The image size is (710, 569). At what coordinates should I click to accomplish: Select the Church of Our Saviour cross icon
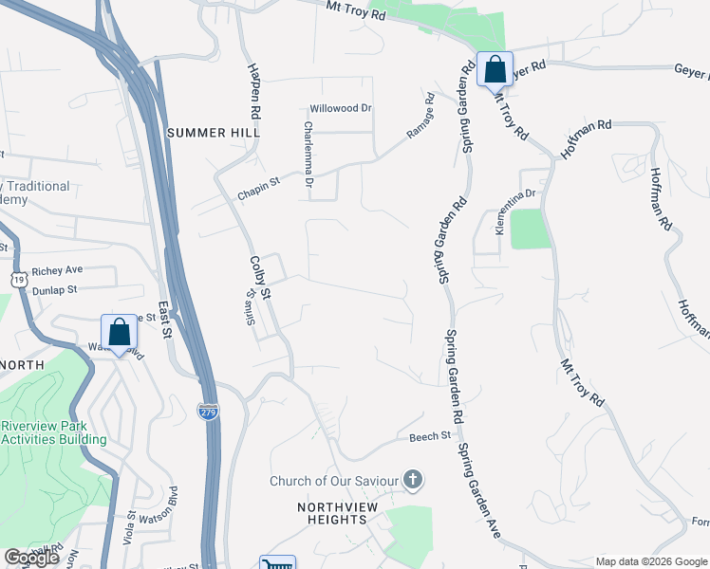click(412, 480)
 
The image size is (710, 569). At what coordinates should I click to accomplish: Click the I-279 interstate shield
click(208, 411)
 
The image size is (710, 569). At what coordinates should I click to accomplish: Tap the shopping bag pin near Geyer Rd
click(495, 69)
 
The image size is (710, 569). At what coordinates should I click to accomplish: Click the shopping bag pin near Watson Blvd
click(120, 333)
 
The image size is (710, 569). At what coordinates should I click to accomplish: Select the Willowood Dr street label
click(341, 108)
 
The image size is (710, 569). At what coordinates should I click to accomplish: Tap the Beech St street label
click(429, 436)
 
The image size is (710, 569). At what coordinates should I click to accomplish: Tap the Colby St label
click(260, 277)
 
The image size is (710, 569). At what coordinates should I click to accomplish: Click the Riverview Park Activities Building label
click(53, 432)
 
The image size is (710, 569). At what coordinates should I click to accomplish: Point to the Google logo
click(31, 558)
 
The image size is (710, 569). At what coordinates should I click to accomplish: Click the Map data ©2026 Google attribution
click(651, 561)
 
